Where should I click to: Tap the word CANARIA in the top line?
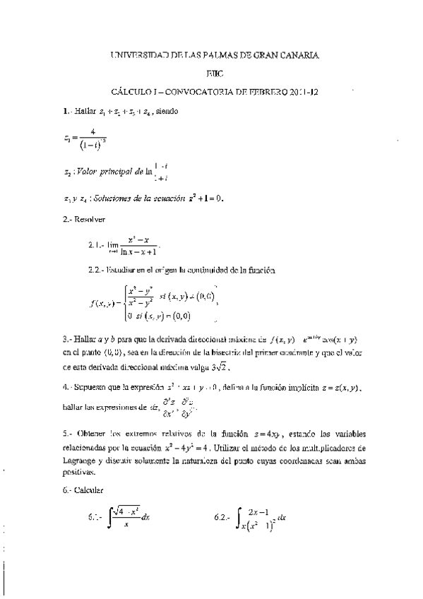click(x=297, y=54)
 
